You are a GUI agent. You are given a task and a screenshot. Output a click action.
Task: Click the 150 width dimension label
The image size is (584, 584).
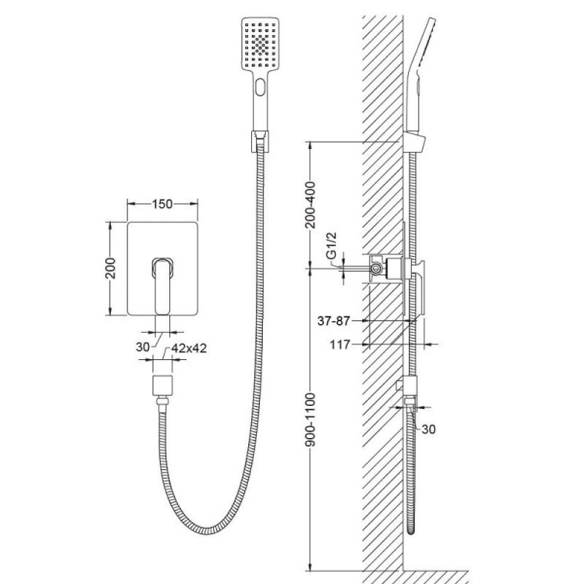[x=162, y=204]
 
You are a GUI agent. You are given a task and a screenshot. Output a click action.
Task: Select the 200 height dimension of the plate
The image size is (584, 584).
[x=111, y=268]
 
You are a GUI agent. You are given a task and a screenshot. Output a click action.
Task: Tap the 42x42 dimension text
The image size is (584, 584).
[x=189, y=348]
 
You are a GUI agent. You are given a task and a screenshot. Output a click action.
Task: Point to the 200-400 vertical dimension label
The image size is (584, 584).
[x=310, y=205]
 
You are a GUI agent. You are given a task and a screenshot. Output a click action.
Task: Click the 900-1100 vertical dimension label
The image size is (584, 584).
[x=310, y=419]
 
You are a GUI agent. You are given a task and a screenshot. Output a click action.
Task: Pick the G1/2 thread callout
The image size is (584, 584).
[x=331, y=245]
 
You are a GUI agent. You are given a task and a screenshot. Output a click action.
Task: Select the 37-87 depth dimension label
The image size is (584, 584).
[x=334, y=320]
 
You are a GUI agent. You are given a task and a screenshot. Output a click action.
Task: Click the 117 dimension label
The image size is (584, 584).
[x=339, y=345]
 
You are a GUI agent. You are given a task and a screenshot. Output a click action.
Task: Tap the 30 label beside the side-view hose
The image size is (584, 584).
[x=429, y=429]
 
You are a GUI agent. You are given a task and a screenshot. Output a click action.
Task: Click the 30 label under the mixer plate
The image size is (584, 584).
[x=142, y=347]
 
